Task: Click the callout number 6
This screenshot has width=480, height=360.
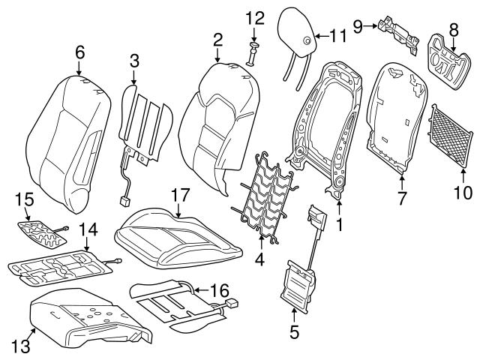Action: tap(79, 52)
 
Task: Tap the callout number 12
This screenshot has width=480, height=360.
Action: tap(254, 17)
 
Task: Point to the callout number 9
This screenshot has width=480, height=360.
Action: tap(358, 26)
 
